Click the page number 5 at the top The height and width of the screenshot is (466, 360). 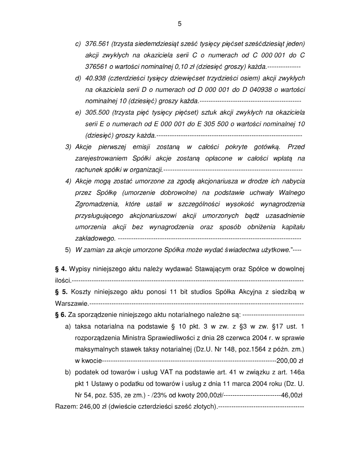180,23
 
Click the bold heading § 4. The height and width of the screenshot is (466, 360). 61,269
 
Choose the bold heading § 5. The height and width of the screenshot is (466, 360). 61,291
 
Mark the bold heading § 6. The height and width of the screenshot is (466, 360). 61,314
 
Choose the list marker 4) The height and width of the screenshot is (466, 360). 68,181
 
